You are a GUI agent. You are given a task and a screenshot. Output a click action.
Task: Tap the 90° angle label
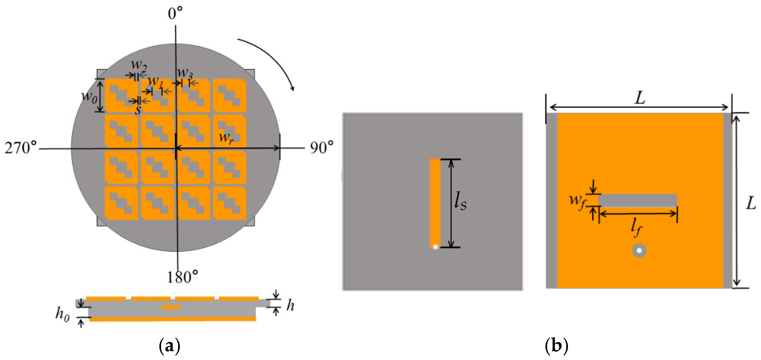(321, 147)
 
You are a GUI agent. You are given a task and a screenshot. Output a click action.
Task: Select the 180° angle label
(182, 277)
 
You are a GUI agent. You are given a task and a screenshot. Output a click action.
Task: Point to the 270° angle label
(21, 147)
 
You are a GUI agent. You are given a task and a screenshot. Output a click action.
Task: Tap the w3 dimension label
(185, 73)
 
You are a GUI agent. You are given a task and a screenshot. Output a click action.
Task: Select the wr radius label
(226, 138)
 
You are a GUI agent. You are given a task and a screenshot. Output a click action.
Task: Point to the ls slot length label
(460, 201)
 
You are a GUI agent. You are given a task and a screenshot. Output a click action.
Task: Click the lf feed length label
(636, 228)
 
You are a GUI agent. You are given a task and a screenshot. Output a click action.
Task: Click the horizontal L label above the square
(640, 98)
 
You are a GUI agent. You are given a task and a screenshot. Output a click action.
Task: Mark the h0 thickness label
(62, 314)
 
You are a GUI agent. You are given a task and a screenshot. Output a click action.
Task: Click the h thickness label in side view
(291, 305)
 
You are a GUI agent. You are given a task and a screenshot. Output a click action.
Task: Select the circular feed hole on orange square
(639, 251)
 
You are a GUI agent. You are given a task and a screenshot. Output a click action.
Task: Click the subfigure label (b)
(556, 345)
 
